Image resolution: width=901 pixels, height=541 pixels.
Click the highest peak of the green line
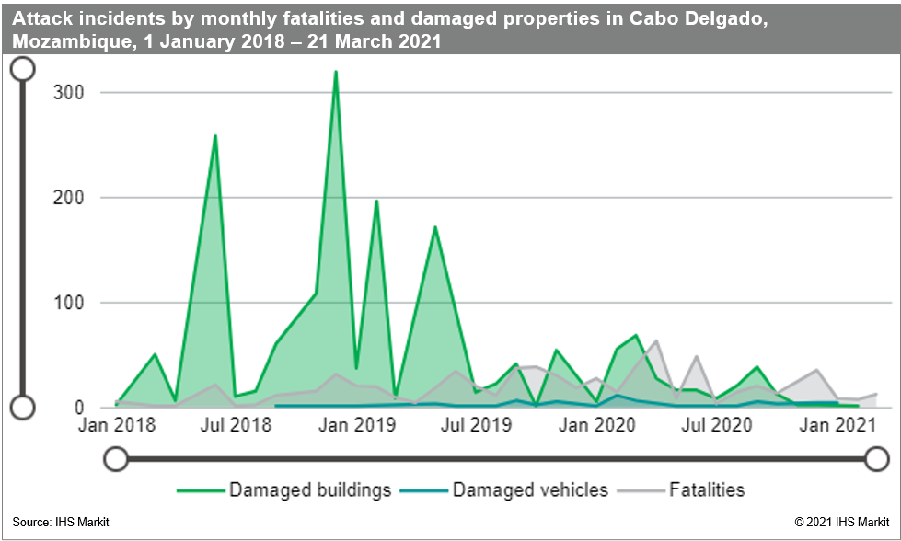[336, 72]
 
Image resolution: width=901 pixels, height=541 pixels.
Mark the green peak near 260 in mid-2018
[215, 136]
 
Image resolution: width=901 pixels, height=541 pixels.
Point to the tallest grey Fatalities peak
[655, 341]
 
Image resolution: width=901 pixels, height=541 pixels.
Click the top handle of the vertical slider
[22, 68]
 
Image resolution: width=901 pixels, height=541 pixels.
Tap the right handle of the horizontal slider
[877, 458]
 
